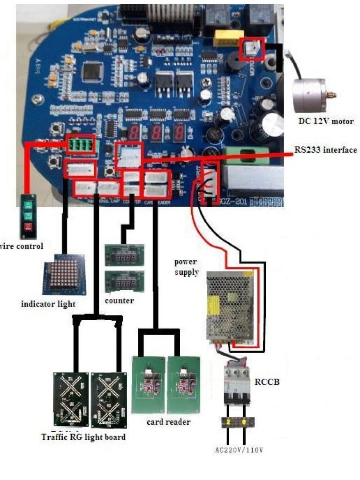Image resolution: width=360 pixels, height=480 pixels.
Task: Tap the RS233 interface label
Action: [x=325, y=150]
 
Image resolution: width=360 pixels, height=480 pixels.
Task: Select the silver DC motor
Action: [x=311, y=93]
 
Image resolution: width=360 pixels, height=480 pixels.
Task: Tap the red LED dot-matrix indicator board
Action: [x=65, y=274]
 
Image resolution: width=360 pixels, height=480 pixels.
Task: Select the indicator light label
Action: [x=48, y=304]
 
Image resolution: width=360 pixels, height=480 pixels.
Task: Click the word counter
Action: [x=120, y=300]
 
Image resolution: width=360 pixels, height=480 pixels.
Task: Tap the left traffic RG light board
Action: [x=71, y=399]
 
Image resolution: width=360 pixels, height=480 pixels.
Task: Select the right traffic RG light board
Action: [x=110, y=399]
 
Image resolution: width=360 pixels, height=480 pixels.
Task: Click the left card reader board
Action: [x=149, y=384]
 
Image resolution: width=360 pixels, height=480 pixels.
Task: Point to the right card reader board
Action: [x=184, y=384]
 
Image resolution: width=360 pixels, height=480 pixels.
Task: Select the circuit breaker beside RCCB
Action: [x=237, y=383]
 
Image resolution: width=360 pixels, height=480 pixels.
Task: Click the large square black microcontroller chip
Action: [x=92, y=71]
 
